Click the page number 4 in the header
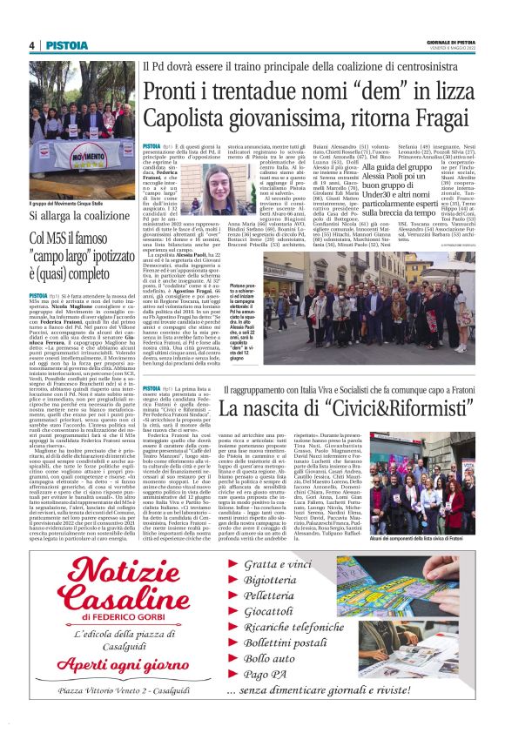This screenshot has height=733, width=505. click(x=31, y=45)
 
